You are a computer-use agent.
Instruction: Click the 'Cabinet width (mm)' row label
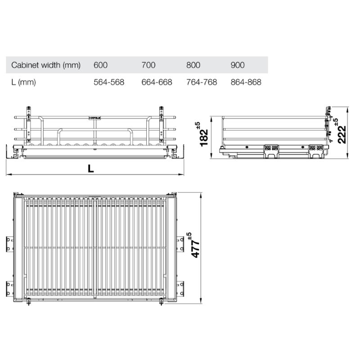pos(46,65)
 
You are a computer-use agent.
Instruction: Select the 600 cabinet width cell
pos(101,65)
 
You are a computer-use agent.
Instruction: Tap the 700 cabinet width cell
pos(148,65)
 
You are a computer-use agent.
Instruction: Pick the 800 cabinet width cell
pos(193,65)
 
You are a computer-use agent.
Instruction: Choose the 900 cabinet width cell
pos(238,65)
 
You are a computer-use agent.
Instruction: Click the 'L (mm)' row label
pos(23,82)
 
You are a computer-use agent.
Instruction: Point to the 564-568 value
pos(108,82)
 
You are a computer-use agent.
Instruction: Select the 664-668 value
pos(157,82)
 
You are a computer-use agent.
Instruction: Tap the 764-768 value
pos(201,82)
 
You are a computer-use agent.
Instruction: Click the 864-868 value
pos(246,82)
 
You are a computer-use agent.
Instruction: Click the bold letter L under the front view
pos(91,169)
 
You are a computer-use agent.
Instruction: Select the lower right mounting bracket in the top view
pos(180,288)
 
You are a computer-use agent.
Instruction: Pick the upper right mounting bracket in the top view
pos(180,243)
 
